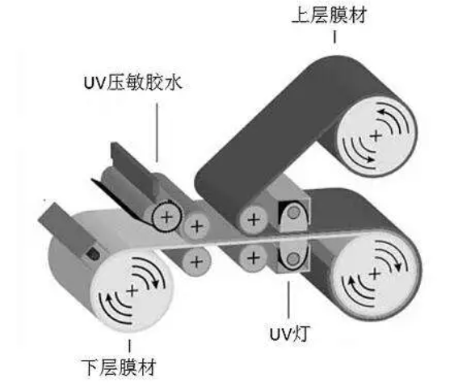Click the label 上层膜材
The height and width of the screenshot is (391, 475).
pos(330,15)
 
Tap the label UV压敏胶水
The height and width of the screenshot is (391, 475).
pos(133,82)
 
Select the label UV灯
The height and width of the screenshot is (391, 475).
pos(289,334)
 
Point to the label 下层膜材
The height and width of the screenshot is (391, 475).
pos(119,368)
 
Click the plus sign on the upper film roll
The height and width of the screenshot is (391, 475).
pos(376,136)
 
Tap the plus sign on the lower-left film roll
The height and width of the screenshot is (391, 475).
pos(132,292)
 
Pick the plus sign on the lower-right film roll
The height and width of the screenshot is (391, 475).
pos(375,274)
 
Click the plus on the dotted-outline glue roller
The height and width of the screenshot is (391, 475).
pos(166,217)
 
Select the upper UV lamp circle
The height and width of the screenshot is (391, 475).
pos(293,212)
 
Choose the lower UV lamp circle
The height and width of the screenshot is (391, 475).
pos(292,259)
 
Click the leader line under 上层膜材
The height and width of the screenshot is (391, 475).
pos(334,36)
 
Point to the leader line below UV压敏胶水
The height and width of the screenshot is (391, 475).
pos(157,132)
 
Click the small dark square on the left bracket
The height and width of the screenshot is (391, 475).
pos(92,254)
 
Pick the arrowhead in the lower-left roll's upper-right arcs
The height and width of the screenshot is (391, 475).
pos(155,284)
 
